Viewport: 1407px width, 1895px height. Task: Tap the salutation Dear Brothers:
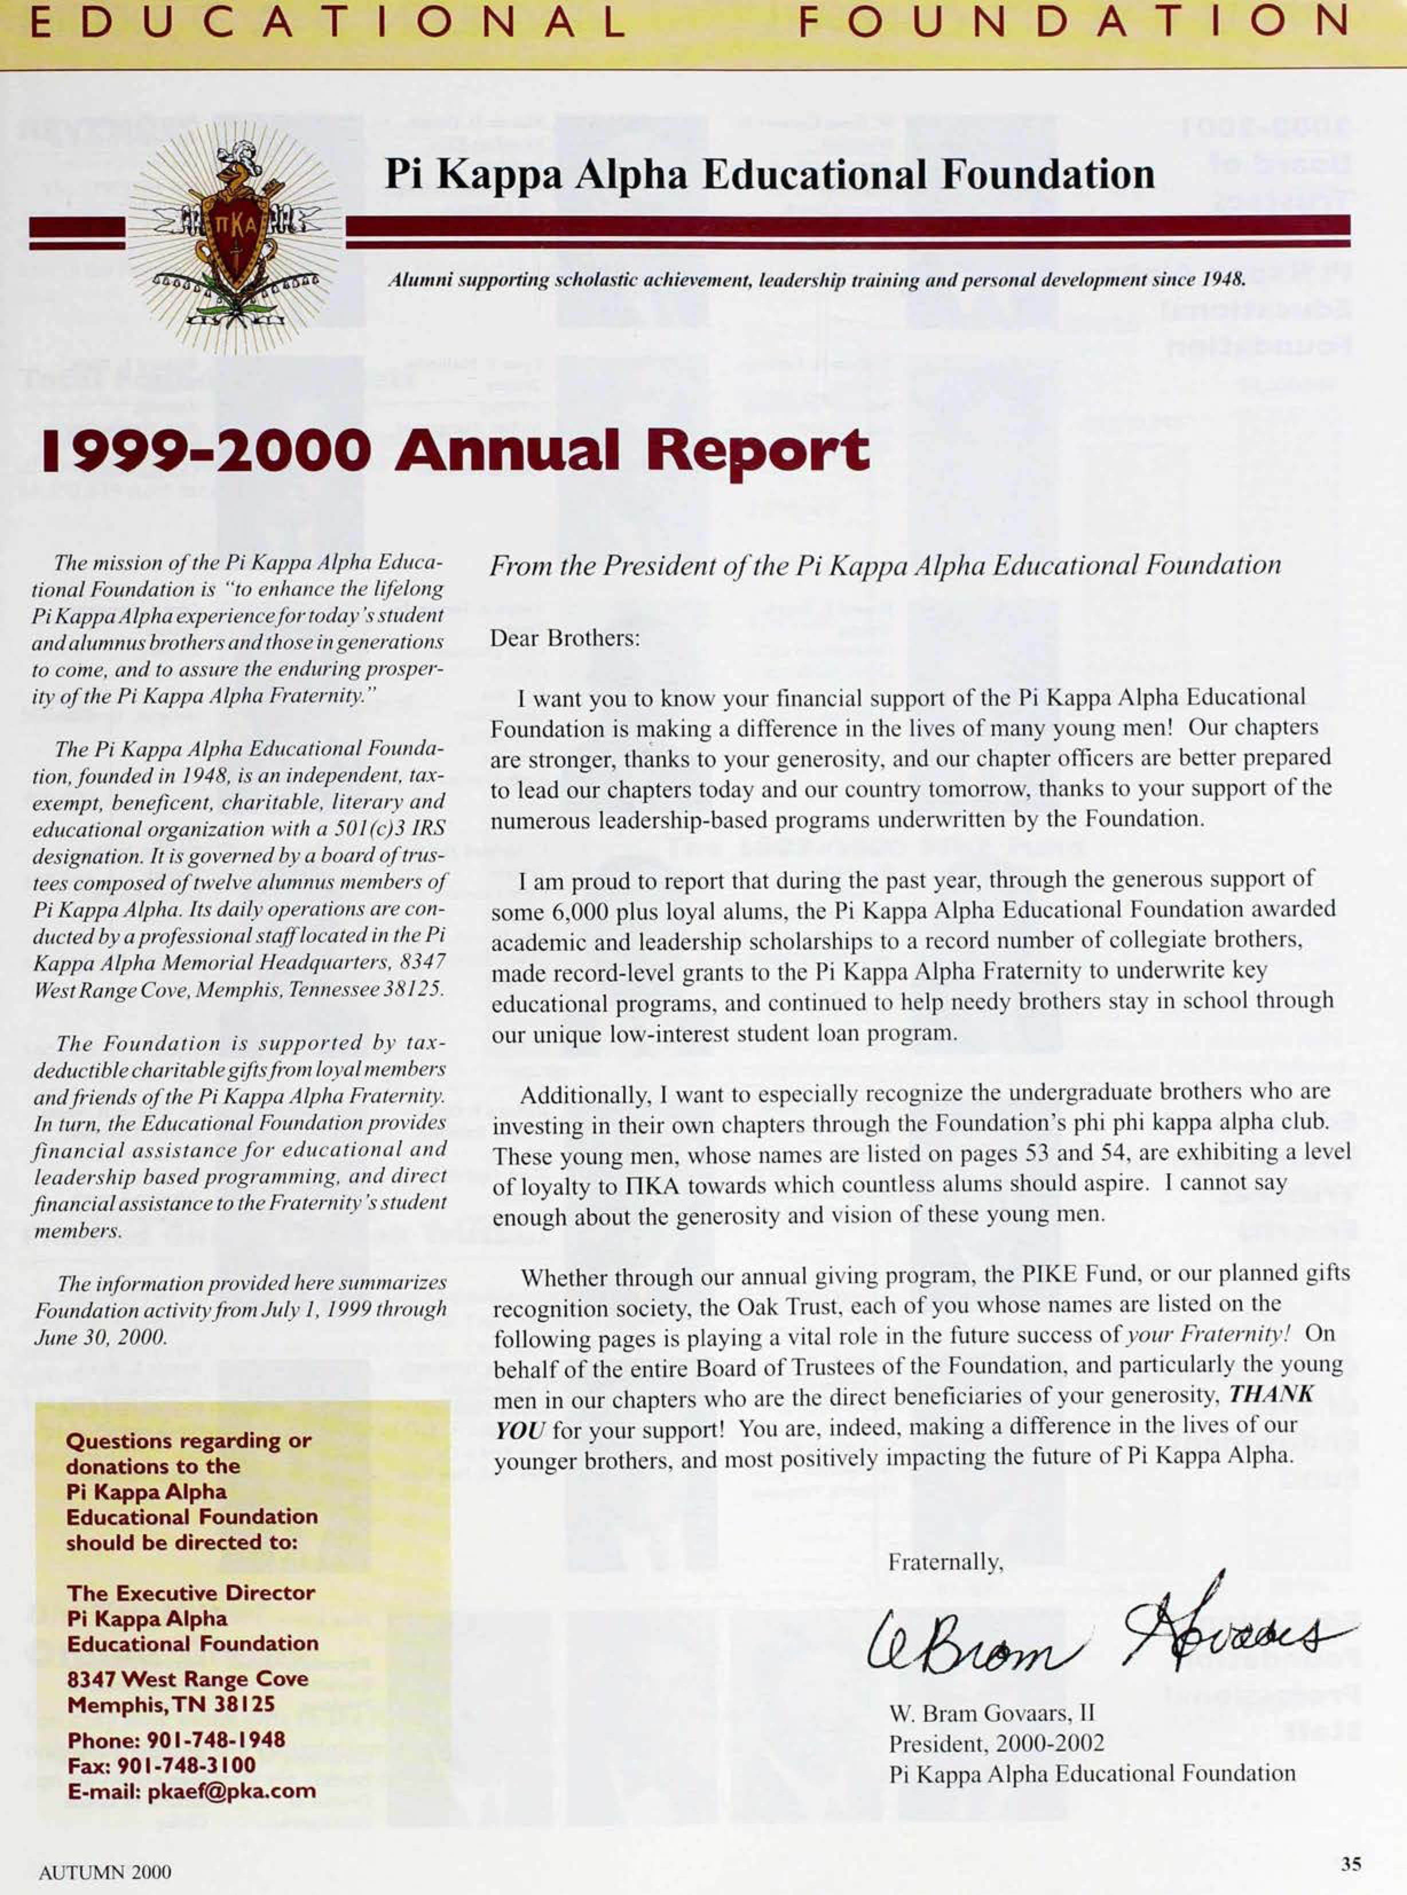pyautogui.click(x=564, y=638)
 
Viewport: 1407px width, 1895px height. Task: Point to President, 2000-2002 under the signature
pyautogui.click(x=996, y=1743)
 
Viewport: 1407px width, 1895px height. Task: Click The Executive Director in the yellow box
pyautogui.click(x=191, y=1592)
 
